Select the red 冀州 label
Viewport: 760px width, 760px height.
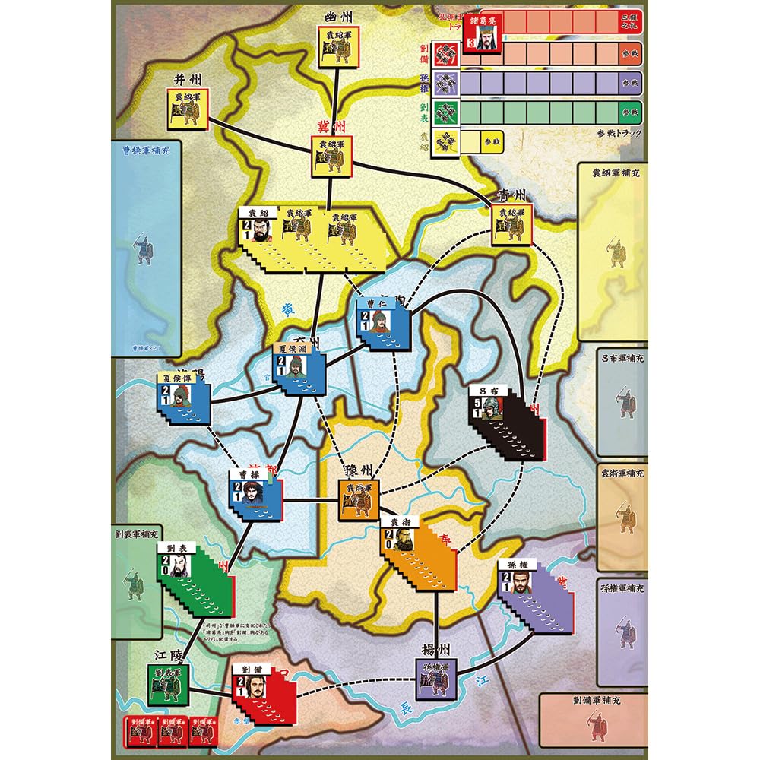[328, 127]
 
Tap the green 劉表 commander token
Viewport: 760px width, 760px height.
[177, 566]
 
